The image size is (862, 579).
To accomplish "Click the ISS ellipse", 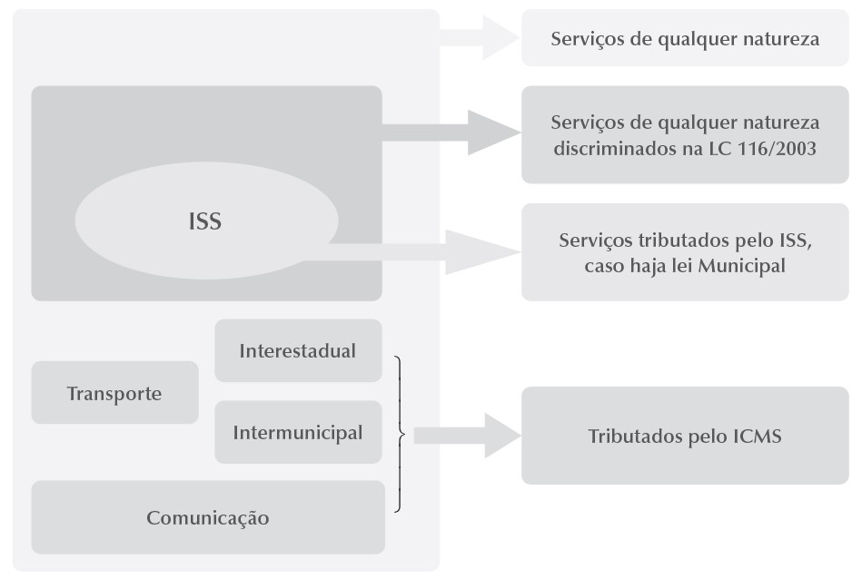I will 205,221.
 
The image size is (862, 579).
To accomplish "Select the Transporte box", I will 114,393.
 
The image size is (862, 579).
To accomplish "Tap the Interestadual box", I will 298,350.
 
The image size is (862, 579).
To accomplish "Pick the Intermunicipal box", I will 298,432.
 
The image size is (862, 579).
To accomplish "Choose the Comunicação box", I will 208,518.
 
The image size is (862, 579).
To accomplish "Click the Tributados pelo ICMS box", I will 685,436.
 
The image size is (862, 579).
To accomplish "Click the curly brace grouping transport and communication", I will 400,434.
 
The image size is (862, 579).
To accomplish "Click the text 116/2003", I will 780,147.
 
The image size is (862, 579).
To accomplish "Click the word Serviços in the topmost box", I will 586,39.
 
